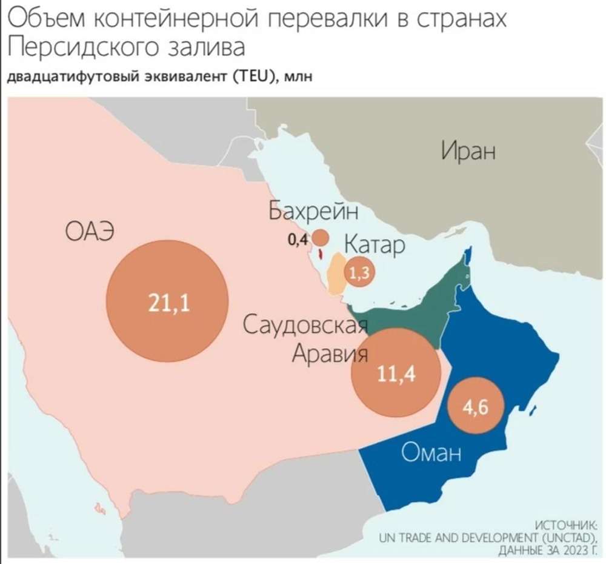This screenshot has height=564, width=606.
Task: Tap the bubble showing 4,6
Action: (x=475, y=407)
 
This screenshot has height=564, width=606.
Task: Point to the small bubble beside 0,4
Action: (x=320, y=238)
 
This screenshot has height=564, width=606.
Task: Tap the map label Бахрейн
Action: (x=313, y=212)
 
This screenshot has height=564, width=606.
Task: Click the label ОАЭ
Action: (x=90, y=232)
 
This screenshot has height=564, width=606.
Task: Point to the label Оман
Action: (x=431, y=452)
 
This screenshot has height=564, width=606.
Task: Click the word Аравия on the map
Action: (x=329, y=353)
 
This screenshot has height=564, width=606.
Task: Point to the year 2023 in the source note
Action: (x=570, y=551)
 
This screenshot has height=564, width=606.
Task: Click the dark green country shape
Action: (x=418, y=309)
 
